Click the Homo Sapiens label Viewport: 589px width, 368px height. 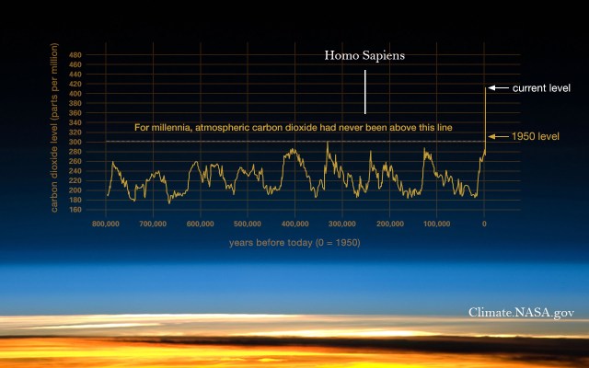(364, 56)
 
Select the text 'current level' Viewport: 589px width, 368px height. (541, 88)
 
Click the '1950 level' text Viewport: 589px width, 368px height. (536, 136)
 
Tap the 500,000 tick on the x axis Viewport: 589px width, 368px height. (247, 224)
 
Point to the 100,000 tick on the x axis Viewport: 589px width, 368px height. (436, 224)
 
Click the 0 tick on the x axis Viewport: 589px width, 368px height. (484, 224)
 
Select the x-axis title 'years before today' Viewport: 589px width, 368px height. (294, 243)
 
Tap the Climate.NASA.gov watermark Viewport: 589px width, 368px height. (521, 313)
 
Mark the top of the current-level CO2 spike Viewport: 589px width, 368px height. (484, 88)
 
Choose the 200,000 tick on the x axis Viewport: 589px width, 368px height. (389, 224)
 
